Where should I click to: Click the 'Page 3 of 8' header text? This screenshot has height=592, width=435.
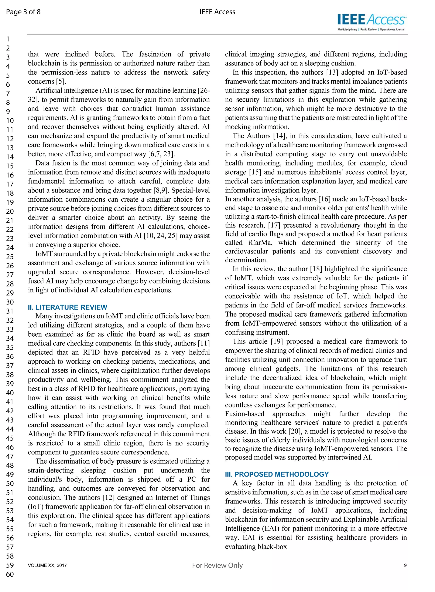tap(23, 12)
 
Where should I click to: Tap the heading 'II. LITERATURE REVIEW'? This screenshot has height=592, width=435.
tap(67, 307)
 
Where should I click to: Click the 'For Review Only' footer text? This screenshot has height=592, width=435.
tap(217, 565)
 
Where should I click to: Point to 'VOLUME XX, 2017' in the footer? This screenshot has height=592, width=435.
tap(47, 565)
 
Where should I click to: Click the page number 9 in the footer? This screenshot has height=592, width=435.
tap(405, 565)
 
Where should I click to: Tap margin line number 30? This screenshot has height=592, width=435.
tap(10, 302)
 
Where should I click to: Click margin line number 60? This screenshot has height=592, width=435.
tap(10, 574)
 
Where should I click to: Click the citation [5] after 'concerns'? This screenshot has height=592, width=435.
tap(61, 81)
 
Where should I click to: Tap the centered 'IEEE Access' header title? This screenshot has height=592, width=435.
tap(217, 12)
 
